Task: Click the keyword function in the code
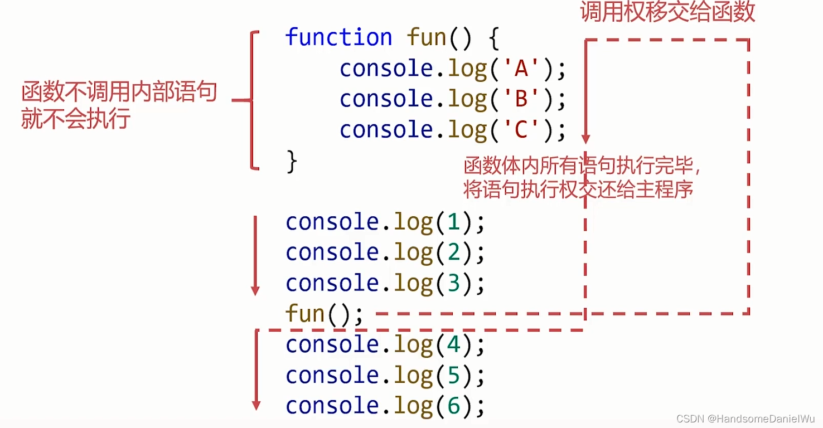(x=338, y=38)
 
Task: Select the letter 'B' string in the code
(x=521, y=99)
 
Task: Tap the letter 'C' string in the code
(x=521, y=130)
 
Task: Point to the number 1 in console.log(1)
(x=453, y=222)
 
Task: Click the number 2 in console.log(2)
(x=453, y=253)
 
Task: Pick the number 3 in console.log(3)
(x=453, y=284)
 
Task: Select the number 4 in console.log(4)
(x=453, y=344)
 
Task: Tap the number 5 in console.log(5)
(x=453, y=376)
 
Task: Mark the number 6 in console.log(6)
(x=453, y=406)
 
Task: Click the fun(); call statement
(x=324, y=314)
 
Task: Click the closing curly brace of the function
(x=291, y=162)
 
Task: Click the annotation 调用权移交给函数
(x=667, y=12)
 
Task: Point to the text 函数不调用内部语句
(x=119, y=93)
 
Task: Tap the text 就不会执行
(x=75, y=119)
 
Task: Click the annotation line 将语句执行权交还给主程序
(x=578, y=189)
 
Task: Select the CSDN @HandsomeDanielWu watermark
(x=745, y=418)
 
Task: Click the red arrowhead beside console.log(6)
(x=256, y=405)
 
